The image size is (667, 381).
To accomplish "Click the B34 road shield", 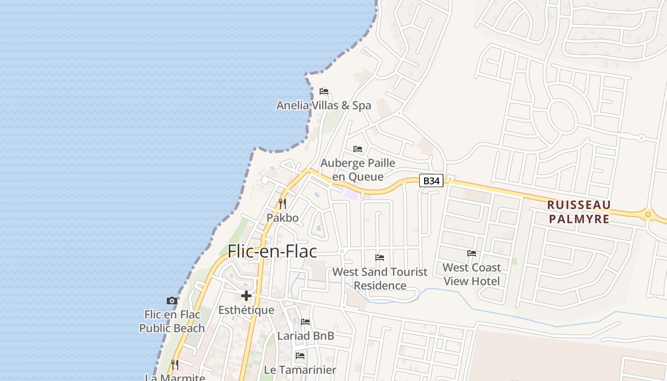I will click(x=431, y=181).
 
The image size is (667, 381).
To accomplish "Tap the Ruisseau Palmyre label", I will click(x=578, y=212).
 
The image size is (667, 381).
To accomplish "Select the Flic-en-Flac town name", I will click(x=272, y=251).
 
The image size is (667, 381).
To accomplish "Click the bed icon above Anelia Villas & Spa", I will click(x=324, y=91).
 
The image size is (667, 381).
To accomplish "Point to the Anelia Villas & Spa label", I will click(x=323, y=105).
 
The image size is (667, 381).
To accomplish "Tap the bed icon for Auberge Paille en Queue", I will click(x=358, y=149).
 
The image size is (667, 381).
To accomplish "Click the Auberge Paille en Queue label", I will click(x=358, y=170).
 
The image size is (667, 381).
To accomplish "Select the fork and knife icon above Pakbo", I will click(x=283, y=204).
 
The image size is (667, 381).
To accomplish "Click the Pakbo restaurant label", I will click(x=283, y=218).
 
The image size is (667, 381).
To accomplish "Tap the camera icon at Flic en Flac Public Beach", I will click(x=172, y=301).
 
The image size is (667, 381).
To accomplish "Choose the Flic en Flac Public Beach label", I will click(x=172, y=321).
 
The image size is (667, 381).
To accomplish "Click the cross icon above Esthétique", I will click(x=246, y=296).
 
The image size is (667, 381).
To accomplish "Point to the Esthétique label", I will click(x=246, y=310).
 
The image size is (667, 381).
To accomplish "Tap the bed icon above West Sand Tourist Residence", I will click(x=380, y=258).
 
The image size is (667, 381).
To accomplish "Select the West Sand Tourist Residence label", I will click(x=380, y=279).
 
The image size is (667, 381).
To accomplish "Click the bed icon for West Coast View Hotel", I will click(x=472, y=253).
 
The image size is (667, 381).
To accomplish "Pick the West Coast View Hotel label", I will click(x=472, y=274).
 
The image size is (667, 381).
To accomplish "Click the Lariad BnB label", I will click(x=306, y=336).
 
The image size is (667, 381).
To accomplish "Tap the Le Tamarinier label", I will click(x=300, y=370).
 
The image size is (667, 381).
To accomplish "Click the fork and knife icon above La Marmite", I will click(x=175, y=365).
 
